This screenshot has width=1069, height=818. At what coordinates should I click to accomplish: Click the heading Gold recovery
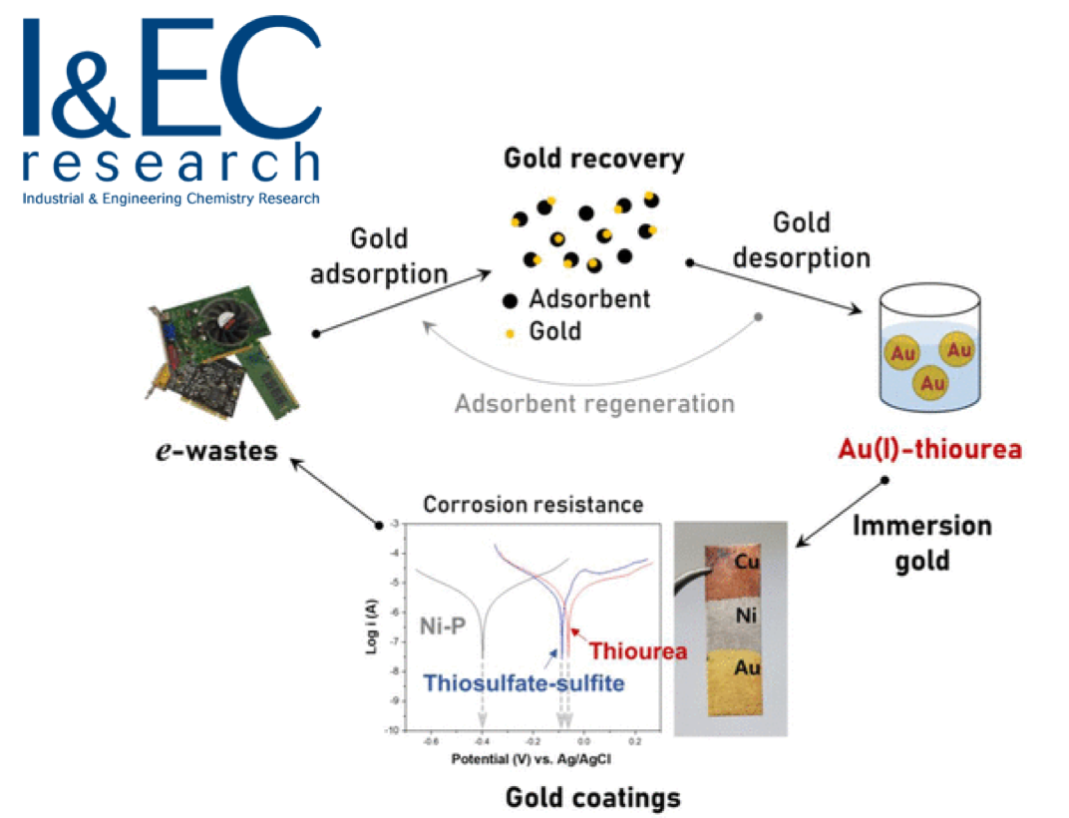(x=593, y=159)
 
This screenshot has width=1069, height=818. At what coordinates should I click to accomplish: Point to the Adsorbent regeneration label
(x=594, y=404)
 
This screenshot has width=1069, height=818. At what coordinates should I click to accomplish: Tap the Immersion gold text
(x=921, y=543)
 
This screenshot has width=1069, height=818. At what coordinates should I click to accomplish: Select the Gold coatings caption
(x=593, y=797)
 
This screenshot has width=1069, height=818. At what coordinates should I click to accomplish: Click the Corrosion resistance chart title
(x=533, y=505)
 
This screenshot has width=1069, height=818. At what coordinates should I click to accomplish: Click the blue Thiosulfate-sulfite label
(x=525, y=683)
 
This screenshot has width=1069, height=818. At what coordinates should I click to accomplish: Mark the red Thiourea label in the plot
(x=638, y=651)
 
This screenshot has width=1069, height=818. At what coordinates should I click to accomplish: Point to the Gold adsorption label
(x=379, y=255)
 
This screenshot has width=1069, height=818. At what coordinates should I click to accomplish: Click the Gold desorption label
(x=802, y=239)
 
